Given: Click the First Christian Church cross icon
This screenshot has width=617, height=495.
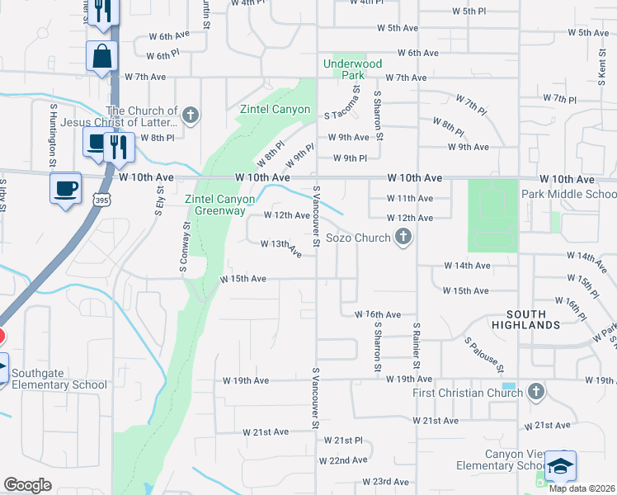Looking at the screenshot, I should (x=536, y=391).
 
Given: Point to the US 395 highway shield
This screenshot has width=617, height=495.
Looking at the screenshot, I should (x=101, y=200).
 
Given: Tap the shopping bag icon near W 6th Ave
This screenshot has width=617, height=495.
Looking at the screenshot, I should (x=102, y=57).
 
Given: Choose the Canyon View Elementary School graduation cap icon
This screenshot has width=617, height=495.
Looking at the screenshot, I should (x=561, y=467).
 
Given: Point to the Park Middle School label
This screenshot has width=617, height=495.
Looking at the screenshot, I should (x=568, y=194).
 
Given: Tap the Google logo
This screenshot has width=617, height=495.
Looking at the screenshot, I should (x=28, y=485).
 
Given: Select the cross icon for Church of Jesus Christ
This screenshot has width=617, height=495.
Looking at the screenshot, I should (x=191, y=115).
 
